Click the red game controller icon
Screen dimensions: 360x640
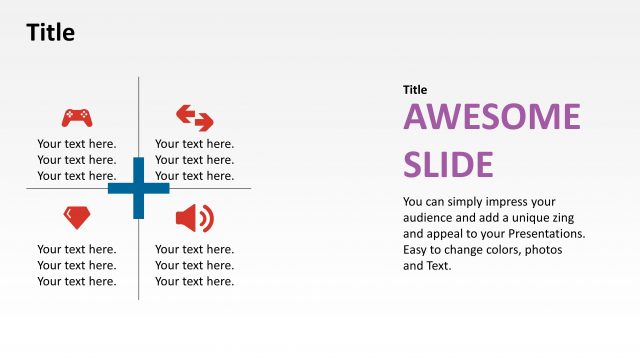(x=77, y=117)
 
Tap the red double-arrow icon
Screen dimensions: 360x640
(x=195, y=117)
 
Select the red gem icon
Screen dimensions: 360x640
(x=76, y=215)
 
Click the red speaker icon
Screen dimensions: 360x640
(x=194, y=217)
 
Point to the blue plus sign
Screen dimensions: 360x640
(x=138, y=187)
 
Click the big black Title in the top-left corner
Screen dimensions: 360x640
(x=50, y=33)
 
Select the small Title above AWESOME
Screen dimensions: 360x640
(x=415, y=90)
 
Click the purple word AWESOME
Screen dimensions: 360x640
(x=491, y=118)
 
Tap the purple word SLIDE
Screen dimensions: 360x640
(x=448, y=164)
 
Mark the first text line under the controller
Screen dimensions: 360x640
(x=77, y=143)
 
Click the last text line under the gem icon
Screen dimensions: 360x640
(x=77, y=281)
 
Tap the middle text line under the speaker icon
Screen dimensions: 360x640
(x=195, y=265)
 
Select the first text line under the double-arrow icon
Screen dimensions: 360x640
(x=195, y=143)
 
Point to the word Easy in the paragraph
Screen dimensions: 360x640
(x=417, y=249)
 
